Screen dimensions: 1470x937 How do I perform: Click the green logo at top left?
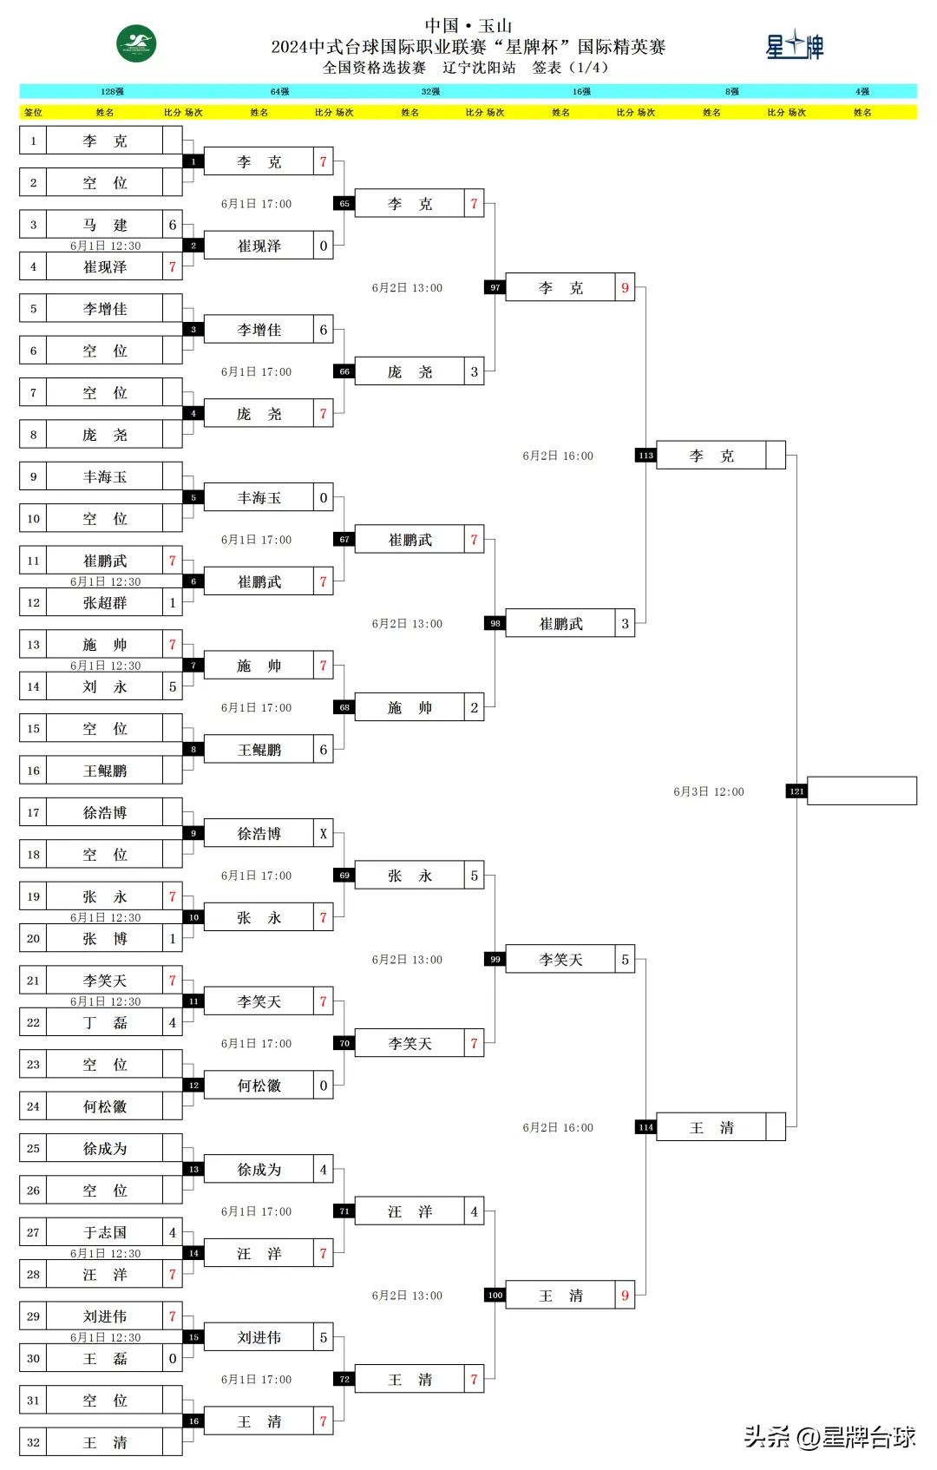click(x=136, y=44)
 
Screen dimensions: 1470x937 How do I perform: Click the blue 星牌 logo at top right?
click(x=794, y=45)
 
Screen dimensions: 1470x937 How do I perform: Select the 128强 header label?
click(x=112, y=91)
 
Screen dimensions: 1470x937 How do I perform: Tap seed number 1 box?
click(x=33, y=141)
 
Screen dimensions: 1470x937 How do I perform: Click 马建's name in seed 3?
click(x=104, y=225)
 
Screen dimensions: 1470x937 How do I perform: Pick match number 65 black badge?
click(x=344, y=204)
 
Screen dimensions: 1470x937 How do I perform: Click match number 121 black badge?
click(x=796, y=791)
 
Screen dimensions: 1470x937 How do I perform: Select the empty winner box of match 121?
click(x=862, y=791)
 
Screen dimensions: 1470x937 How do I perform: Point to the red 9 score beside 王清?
click(x=625, y=1296)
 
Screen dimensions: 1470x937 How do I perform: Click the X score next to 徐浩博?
click(x=323, y=834)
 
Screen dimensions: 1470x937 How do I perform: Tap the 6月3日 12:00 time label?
click(x=708, y=791)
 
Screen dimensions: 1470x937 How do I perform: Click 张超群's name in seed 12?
click(x=104, y=602)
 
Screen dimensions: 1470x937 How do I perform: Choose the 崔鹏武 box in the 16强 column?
click(x=560, y=624)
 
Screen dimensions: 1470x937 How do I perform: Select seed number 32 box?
click(x=33, y=1442)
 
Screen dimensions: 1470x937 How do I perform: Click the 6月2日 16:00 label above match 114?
click(x=558, y=1127)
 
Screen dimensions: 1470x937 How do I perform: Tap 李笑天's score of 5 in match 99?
click(x=625, y=960)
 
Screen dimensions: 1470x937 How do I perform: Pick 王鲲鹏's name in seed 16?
click(x=104, y=771)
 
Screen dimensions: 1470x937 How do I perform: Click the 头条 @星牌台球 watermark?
click(x=829, y=1438)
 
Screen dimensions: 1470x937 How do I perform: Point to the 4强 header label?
click(x=862, y=91)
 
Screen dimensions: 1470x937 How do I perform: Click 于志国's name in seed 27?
click(x=104, y=1232)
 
